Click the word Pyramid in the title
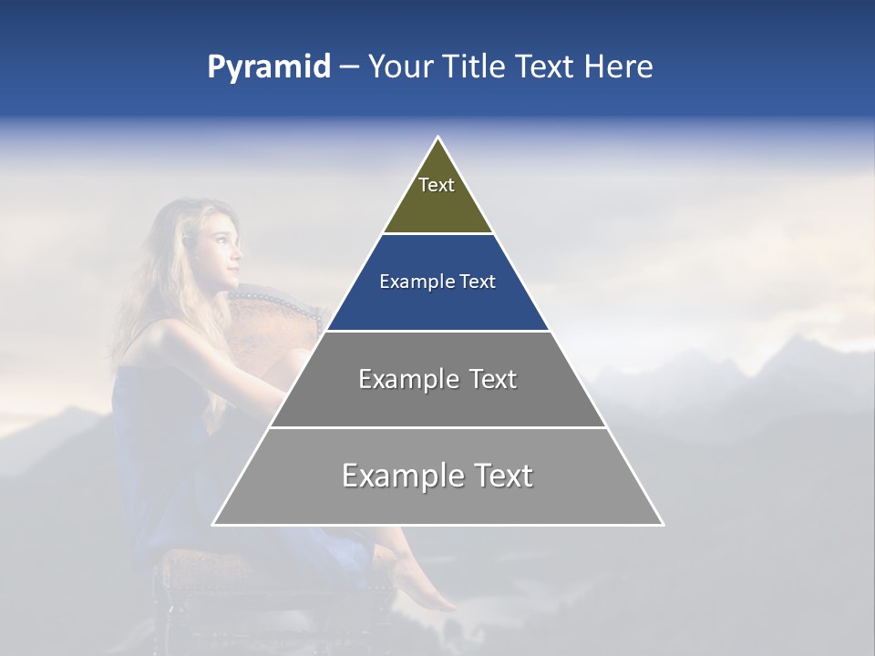pyautogui.click(x=268, y=67)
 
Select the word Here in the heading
pyautogui.click(x=618, y=67)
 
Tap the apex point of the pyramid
pyautogui.click(x=437, y=138)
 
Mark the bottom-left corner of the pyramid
pyautogui.click(x=213, y=524)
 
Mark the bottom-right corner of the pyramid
pyautogui.click(x=663, y=524)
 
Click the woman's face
pyautogui.click(x=222, y=250)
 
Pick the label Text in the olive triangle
pyautogui.click(x=437, y=185)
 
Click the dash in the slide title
pyautogui.click(x=349, y=67)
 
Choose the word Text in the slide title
pyautogui.click(x=547, y=67)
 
